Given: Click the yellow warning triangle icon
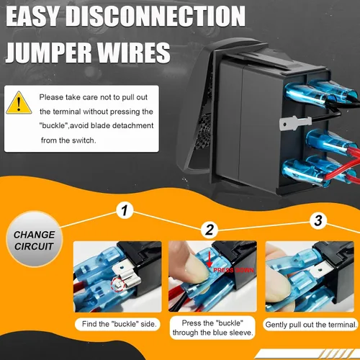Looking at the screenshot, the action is click(19, 103).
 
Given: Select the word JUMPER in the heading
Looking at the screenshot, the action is click(48, 53).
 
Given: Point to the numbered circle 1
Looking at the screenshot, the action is click(125, 210).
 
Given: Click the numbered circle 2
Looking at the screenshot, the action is click(210, 230).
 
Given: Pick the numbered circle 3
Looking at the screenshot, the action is click(318, 220).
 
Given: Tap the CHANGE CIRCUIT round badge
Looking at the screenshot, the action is click(35, 239).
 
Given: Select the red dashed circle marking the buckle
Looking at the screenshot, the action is click(117, 285).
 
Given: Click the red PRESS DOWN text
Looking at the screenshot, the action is click(233, 270).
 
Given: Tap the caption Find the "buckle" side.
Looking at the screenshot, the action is click(119, 324).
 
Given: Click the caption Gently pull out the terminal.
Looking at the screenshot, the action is click(311, 325).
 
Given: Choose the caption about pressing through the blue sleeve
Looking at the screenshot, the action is click(212, 328).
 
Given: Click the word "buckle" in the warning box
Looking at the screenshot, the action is click(53, 126).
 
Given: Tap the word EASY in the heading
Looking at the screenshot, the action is click(33, 17).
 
